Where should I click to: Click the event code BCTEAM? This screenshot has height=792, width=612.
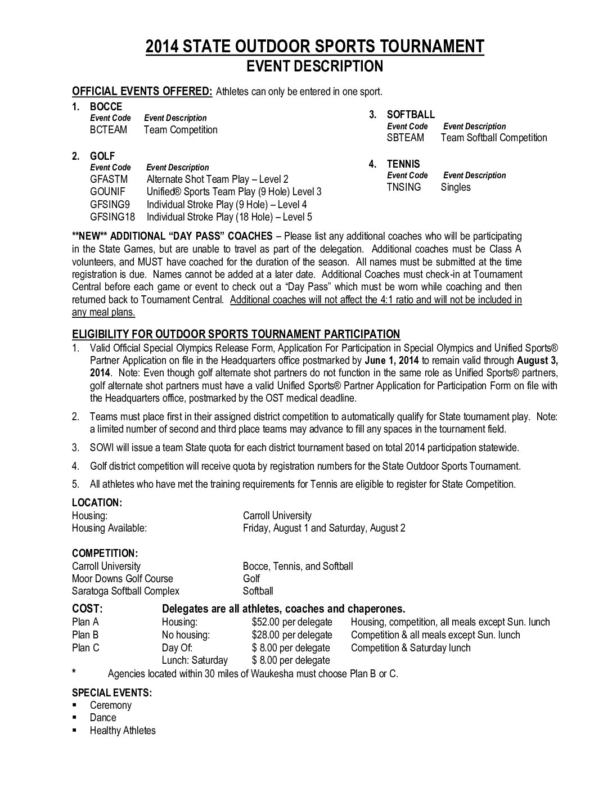(x=109, y=130)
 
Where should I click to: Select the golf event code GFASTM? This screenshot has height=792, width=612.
(x=109, y=179)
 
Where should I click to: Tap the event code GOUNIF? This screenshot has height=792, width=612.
(x=107, y=192)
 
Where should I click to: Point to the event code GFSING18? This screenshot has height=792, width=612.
(x=112, y=217)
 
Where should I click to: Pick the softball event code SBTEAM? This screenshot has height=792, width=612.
(x=406, y=138)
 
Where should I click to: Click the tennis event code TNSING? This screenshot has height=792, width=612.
(x=404, y=187)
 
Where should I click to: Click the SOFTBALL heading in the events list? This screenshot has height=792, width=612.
(x=411, y=115)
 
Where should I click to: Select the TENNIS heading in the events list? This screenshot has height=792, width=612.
(x=403, y=164)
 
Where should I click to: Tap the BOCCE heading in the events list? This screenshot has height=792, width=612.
(x=106, y=107)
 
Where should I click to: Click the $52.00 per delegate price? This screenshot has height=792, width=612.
(x=292, y=622)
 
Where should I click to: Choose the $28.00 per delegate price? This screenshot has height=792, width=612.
(x=292, y=635)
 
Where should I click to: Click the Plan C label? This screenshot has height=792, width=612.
(x=85, y=647)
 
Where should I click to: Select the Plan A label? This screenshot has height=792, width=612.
(x=85, y=622)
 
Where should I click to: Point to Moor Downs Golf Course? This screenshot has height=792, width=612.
(x=123, y=579)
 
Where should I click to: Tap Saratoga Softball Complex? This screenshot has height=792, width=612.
(x=125, y=591)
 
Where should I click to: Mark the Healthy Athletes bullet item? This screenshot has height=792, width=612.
(x=123, y=731)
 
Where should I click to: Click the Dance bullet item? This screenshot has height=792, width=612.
(x=103, y=718)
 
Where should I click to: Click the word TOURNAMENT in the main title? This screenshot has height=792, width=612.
(x=419, y=46)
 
